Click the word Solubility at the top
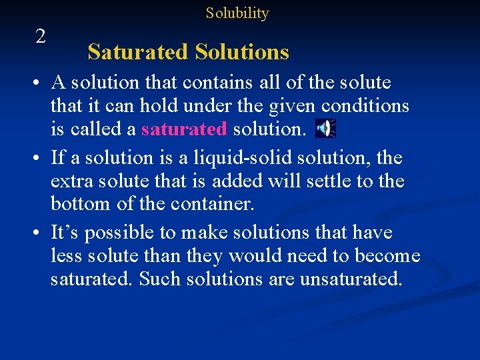(x=237, y=13)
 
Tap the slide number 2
(x=41, y=37)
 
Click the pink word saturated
(x=184, y=129)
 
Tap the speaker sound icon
(x=325, y=128)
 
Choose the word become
(x=387, y=256)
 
